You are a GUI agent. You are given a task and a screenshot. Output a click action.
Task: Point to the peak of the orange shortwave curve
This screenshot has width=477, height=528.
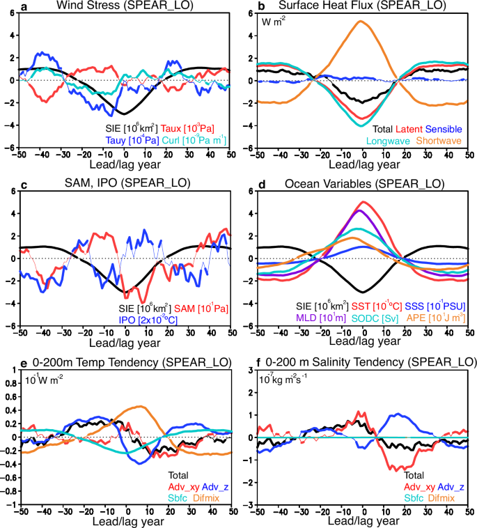point(359,21)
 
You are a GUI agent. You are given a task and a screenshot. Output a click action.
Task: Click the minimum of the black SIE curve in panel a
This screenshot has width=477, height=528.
point(123,113)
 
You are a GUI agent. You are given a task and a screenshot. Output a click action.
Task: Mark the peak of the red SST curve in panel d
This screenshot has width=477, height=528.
point(363,202)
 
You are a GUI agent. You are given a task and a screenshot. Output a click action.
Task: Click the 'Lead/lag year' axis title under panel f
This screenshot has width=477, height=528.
point(363,520)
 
